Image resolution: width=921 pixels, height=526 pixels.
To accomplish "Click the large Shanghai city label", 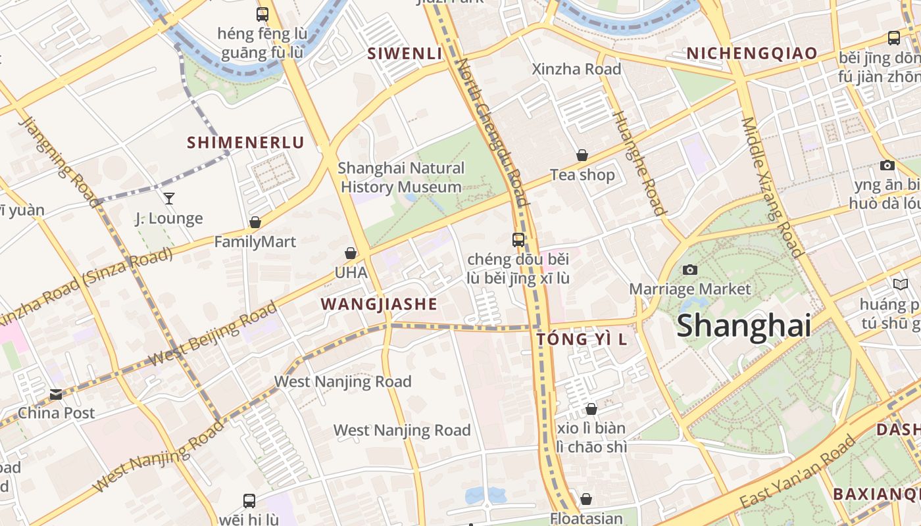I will click(743, 325).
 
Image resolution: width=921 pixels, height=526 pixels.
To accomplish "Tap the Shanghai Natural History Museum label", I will click(401, 178).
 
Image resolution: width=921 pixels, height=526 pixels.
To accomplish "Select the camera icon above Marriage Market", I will click(689, 270).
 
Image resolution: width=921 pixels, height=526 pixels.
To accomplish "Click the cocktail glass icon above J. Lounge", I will click(169, 198).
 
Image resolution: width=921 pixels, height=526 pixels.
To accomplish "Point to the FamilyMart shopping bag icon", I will click(255, 223).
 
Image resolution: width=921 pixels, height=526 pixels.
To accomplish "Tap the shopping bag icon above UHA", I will click(351, 253).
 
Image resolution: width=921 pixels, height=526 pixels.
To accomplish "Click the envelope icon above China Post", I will click(56, 394).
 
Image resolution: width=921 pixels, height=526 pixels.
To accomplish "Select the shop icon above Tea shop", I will click(582, 155).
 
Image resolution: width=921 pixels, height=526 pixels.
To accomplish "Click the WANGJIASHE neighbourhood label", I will click(379, 304).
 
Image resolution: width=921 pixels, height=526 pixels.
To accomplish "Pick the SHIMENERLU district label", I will click(246, 143).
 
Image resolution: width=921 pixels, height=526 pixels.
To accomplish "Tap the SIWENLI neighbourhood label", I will click(405, 53).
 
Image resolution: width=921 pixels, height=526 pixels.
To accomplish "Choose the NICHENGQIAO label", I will click(752, 53).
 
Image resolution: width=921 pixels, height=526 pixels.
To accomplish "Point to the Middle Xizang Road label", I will click(772, 187).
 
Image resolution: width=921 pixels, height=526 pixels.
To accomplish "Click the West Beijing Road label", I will click(212, 335).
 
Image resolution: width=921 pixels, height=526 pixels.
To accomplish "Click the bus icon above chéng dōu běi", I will click(518, 240).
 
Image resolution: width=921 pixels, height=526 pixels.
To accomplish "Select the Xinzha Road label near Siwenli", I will click(576, 69).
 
